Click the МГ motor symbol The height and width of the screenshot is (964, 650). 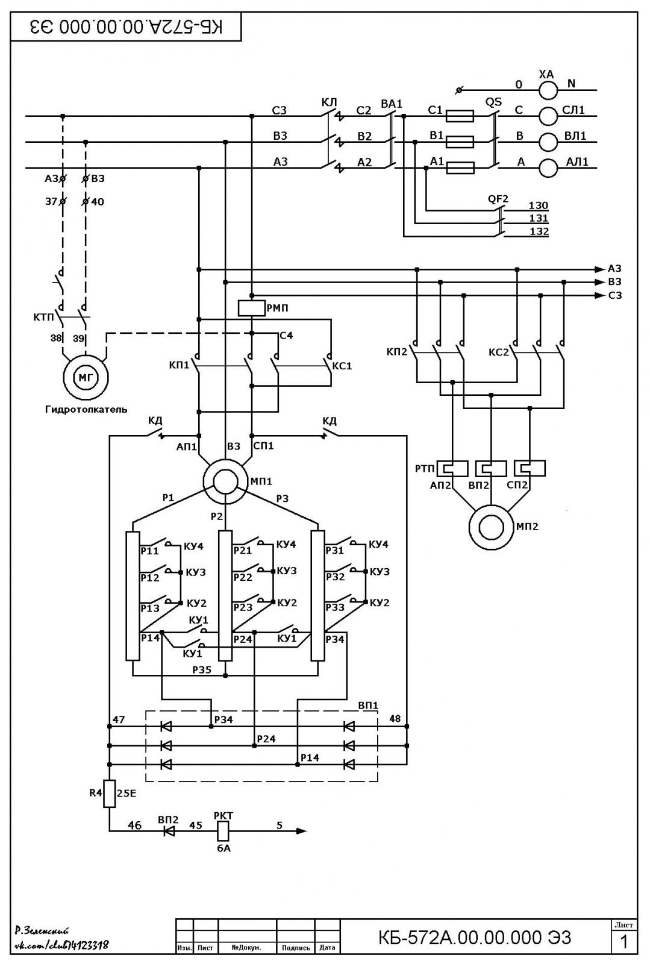click(86, 377)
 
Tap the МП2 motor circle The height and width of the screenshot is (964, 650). click(491, 527)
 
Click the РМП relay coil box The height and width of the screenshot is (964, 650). click(252, 308)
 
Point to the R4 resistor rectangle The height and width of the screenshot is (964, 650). click(109, 793)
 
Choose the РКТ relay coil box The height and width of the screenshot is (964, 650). click(223, 831)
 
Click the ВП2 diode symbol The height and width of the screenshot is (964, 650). click(169, 831)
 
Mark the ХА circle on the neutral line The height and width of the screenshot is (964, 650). click(548, 90)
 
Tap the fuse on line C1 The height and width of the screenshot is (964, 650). click(460, 116)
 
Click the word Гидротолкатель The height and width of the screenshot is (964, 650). click(86, 409)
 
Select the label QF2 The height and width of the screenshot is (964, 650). click(498, 199)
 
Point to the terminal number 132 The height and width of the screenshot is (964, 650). click(539, 231)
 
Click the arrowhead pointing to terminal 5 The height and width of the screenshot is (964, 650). click(302, 831)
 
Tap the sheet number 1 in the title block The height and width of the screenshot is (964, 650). click(623, 942)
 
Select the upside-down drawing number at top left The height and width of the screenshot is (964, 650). click(127, 27)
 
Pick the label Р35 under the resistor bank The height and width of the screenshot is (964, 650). click(202, 669)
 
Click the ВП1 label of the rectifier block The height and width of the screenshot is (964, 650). click(368, 706)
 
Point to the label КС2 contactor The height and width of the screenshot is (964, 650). click(499, 352)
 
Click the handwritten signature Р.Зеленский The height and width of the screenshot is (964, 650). click(42, 931)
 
